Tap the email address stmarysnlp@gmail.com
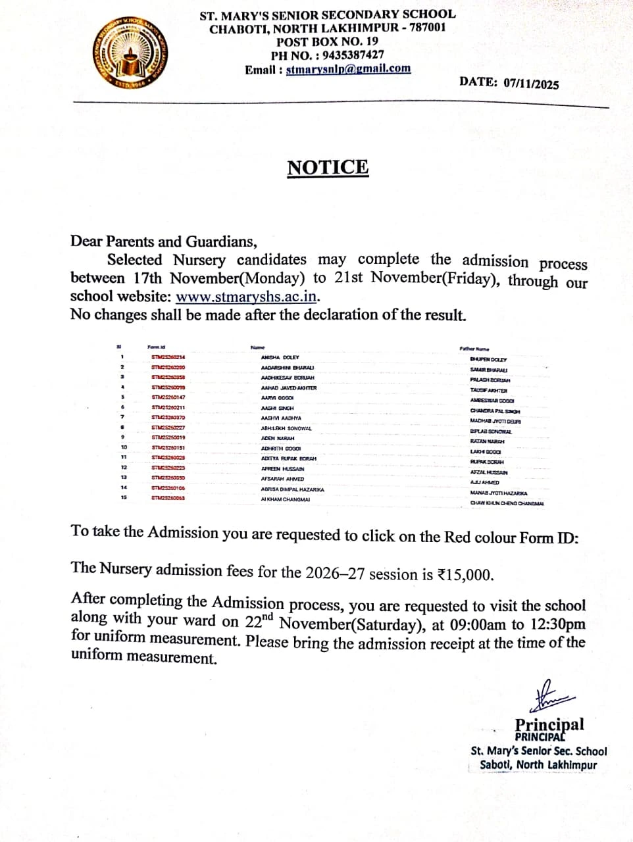point(348,69)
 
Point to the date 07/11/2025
point(531,84)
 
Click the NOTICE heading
point(328,167)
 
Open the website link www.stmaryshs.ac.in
point(247,297)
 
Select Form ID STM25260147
point(168,397)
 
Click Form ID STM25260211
point(168,408)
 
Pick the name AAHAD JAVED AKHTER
point(289,388)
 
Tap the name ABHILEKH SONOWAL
point(286,428)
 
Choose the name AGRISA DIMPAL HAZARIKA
point(292,489)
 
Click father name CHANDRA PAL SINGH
point(495,411)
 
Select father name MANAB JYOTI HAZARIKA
point(499,493)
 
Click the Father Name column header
point(474,349)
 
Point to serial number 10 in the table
point(124,448)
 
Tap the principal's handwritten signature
point(553,695)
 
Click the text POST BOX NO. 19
point(327,41)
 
